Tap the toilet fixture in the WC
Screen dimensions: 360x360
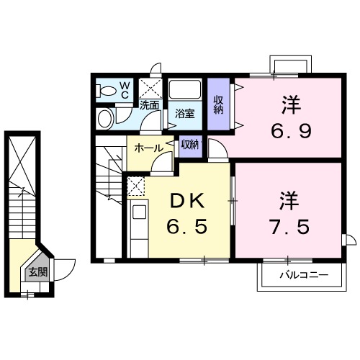(x=107, y=91)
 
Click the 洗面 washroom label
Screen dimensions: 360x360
(x=149, y=104)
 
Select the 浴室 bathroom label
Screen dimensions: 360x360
(x=185, y=113)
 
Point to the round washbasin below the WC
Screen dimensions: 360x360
(x=106, y=117)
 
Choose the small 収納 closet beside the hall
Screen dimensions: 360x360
(x=190, y=145)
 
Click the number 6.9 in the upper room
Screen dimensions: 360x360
(x=290, y=132)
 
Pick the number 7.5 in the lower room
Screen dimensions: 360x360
(x=289, y=226)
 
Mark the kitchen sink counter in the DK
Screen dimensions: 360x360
(x=138, y=222)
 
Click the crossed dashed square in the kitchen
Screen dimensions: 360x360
(x=135, y=186)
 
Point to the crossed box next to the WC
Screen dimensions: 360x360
(x=150, y=89)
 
